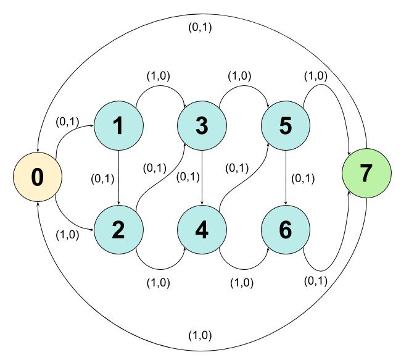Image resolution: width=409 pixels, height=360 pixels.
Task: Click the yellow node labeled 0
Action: point(38,177)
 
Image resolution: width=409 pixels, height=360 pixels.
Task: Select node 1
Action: point(118,126)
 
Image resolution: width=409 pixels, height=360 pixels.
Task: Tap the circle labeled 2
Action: point(118,230)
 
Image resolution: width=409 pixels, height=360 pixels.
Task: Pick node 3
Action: point(202,126)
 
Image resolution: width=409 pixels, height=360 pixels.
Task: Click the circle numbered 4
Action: point(202,230)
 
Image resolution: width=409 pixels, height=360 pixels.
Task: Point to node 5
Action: point(286,126)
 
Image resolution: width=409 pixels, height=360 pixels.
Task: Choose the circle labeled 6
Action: point(286,230)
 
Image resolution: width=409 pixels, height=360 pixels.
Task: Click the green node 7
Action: point(366,174)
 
